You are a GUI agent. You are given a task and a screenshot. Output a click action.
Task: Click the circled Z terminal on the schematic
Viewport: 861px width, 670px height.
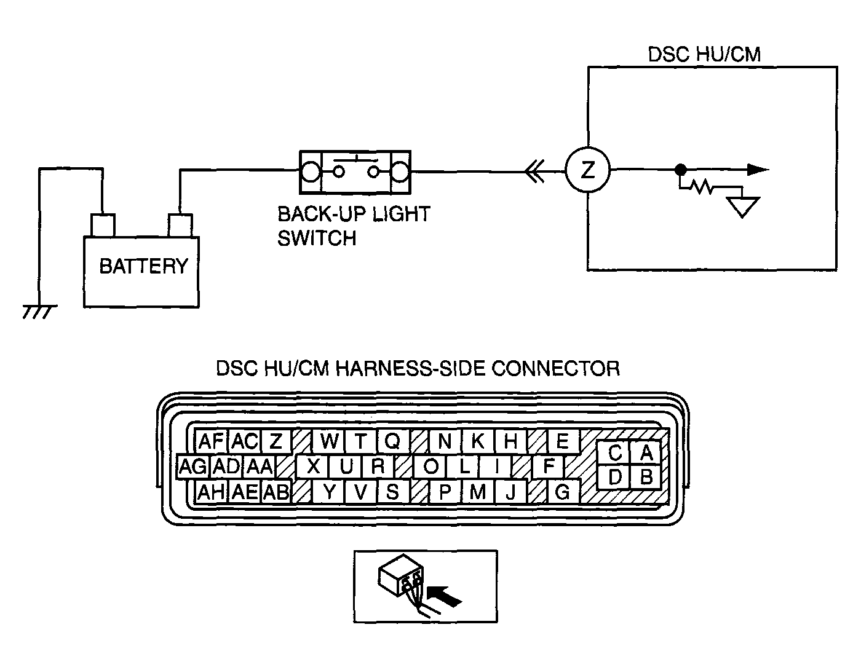587,170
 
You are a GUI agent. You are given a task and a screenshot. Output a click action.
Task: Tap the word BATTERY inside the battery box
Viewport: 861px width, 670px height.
143,266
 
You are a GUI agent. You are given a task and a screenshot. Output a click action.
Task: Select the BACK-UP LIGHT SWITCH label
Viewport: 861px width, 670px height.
354,226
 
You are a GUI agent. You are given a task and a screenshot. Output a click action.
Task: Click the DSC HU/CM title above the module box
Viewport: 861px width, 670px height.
704,54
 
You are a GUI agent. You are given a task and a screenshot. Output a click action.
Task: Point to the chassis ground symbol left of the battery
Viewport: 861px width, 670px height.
39,312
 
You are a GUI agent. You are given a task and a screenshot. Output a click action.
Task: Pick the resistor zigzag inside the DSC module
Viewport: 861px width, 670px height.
700,187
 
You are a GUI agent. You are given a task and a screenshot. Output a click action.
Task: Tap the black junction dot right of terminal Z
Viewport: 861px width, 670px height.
681,170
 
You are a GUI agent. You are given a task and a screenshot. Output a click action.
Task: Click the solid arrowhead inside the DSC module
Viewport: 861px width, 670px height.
758,170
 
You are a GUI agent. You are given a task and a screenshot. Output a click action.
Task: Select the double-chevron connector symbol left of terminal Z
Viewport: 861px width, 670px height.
534,171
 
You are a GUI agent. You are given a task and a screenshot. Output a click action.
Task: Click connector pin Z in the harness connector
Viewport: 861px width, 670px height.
276,441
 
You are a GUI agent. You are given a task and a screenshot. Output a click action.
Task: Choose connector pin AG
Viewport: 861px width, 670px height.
192,466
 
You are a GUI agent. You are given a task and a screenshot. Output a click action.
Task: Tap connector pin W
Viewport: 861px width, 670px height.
329,441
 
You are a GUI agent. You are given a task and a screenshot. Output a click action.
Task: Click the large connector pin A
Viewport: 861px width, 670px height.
646,452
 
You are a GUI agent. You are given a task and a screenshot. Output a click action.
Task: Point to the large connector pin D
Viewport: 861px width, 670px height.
614,477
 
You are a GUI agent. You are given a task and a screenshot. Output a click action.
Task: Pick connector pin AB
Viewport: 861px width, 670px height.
276,492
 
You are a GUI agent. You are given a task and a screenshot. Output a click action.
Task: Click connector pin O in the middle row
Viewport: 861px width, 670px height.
430,466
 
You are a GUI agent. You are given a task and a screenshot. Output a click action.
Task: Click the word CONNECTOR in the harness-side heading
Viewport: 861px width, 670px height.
555,369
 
